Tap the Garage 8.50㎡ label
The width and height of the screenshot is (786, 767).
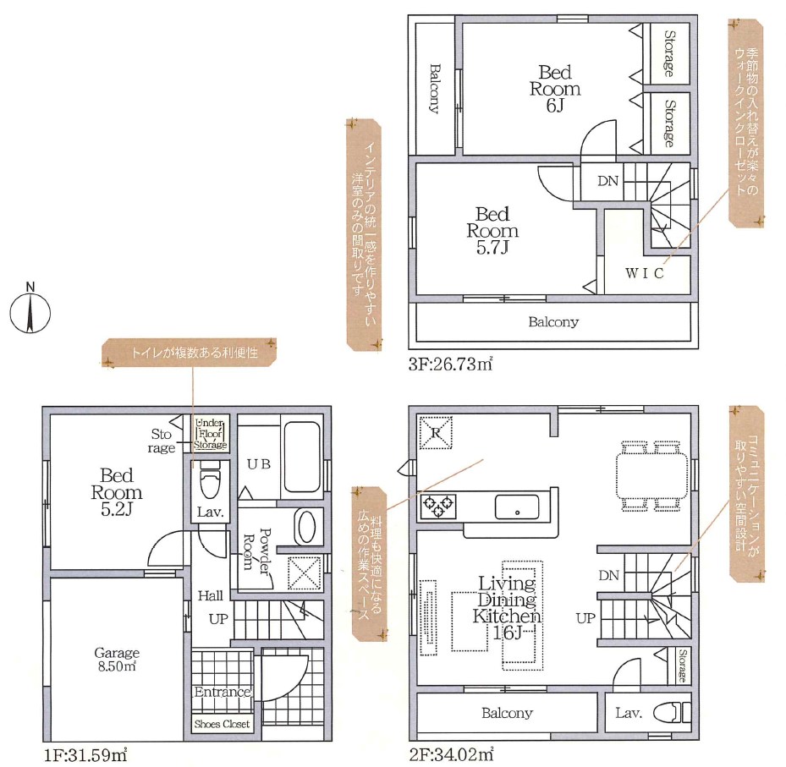(117, 660)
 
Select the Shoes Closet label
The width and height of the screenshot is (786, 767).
(222, 724)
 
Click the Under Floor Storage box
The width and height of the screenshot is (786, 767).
(211, 433)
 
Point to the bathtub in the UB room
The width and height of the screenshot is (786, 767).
(302, 457)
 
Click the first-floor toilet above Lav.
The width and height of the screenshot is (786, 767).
(210, 481)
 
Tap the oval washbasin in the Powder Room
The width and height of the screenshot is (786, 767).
(305, 527)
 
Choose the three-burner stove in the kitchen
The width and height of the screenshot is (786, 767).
(438, 506)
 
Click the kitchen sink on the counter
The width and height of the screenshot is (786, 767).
(517, 507)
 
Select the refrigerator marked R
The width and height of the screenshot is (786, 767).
(436, 432)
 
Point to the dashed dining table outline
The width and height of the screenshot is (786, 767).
(651, 476)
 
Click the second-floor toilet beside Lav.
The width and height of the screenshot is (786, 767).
(673, 712)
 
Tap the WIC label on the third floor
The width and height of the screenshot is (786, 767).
(645, 273)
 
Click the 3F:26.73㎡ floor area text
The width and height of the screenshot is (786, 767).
(450, 364)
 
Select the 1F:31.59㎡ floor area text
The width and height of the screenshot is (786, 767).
(85, 755)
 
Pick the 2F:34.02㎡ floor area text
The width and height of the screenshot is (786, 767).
(451, 754)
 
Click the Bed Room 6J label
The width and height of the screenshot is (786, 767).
(555, 89)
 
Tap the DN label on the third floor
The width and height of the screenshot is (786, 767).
(607, 181)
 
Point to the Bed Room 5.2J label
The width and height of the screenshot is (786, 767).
(116, 492)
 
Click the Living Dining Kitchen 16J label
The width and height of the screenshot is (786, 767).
(507, 608)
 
